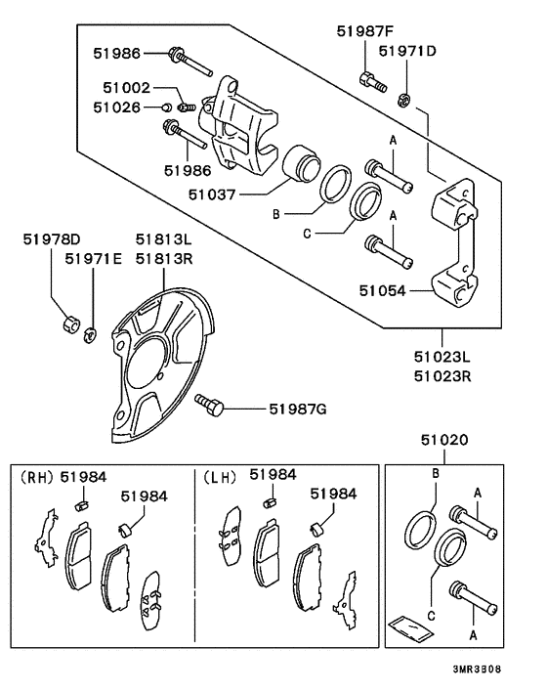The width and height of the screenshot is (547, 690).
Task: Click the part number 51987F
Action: (x=365, y=31)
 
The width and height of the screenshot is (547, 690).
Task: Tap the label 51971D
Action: (x=407, y=51)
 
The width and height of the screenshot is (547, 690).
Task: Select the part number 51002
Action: (x=127, y=88)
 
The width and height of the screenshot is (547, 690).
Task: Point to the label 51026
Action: (x=116, y=107)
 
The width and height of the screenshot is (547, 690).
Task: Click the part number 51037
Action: (x=212, y=194)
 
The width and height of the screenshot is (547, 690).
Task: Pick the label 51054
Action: (x=383, y=290)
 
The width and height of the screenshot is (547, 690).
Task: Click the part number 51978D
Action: (x=52, y=239)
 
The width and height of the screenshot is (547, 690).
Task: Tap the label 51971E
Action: (x=93, y=259)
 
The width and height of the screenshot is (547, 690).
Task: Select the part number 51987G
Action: (x=298, y=410)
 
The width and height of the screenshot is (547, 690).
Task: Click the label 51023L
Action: (x=442, y=357)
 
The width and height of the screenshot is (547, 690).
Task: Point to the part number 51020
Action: (x=444, y=440)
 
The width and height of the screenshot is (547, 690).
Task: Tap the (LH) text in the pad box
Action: (x=220, y=478)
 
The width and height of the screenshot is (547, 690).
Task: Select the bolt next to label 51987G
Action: (x=209, y=405)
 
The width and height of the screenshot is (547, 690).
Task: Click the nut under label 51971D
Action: (x=403, y=100)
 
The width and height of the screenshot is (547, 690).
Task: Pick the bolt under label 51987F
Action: (x=373, y=82)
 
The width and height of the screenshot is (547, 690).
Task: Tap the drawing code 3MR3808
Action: (x=477, y=669)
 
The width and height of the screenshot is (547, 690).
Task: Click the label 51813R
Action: (x=164, y=259)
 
